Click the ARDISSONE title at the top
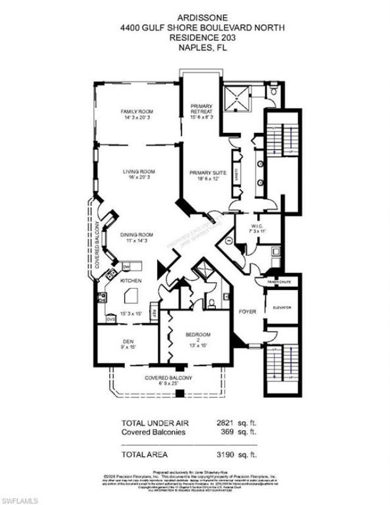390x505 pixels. pyautogui.click(x=194, y=19)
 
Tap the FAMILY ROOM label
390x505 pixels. pyautogui.click(x=136, y=111)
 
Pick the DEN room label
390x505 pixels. pyautogui.click(x=127, y=341)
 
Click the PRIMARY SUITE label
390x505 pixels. pyautogui.click(x=207, y=173)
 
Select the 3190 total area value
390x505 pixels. pyautogui.click(x=246, y=454)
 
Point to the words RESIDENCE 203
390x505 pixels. pyautogui.click(x=194, y=37)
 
